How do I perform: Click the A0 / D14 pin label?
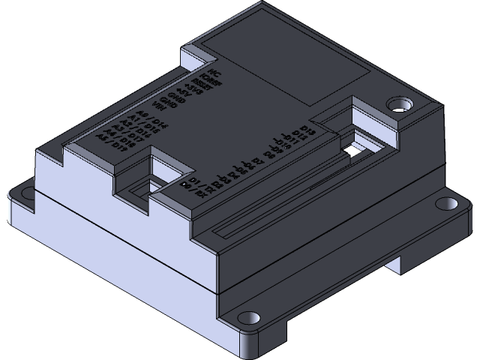point(148,118)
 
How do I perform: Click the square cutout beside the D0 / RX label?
point(168,166)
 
